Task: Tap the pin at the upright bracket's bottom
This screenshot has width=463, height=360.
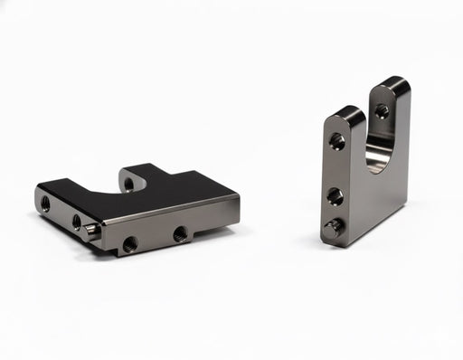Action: (334, 227)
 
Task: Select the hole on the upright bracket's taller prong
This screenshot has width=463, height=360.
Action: (382, 111)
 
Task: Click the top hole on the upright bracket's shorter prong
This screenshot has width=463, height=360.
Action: (337, 141)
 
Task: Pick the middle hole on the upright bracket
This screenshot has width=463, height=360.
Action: (335, 195)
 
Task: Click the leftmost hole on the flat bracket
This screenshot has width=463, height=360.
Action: (45, 204)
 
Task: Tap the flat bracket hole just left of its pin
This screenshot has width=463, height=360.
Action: (77, 220)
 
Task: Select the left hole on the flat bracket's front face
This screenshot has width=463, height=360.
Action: (129, 242)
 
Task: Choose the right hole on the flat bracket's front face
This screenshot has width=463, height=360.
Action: (180, 232)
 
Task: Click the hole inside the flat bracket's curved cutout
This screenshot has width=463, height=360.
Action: (128, 184)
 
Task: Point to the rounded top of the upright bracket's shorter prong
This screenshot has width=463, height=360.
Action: (347, 113)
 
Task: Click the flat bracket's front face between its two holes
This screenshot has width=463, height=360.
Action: (155, 238)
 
